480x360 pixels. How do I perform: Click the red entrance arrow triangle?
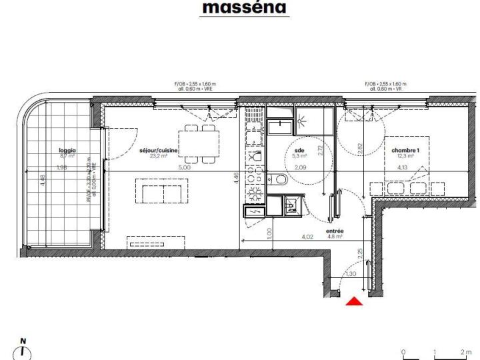click(x=355, y=302)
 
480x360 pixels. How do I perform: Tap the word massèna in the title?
click(x=244, y=8)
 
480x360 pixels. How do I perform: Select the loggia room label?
click(x=67, y=151)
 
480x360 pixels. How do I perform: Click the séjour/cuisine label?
click(x=159, y=151)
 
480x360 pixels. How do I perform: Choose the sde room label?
click(x=299, y=151)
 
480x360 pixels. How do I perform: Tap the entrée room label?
click(x=334, y=231)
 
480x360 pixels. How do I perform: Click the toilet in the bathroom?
click(x=280, y=180)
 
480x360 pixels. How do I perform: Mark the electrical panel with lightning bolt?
click(x=253, y=212)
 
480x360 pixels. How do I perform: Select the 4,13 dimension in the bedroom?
click(x=402, y=167)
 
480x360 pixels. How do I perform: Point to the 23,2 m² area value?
click(x=159, y=157)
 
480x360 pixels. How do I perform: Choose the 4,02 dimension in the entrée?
click(x=307, y=236)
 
